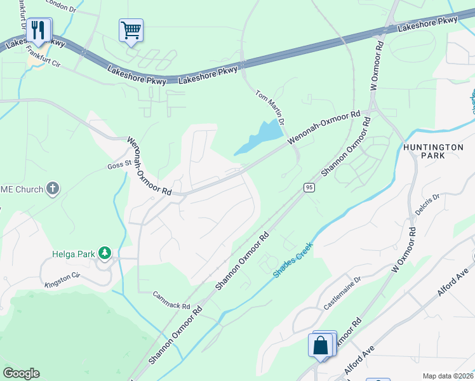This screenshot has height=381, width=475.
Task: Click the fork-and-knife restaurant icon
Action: pos(39,29)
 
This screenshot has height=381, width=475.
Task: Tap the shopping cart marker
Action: pos(131,30)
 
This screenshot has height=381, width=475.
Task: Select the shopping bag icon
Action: pos(321,345)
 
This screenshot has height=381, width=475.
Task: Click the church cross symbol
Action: pos(53,189)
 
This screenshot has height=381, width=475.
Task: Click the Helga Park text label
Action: pos(73,255)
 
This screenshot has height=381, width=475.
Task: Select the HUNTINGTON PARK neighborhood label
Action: pos(433,150)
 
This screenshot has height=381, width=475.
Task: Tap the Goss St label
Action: pos(119,163)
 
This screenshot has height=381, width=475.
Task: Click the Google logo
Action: pos(21,373)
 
